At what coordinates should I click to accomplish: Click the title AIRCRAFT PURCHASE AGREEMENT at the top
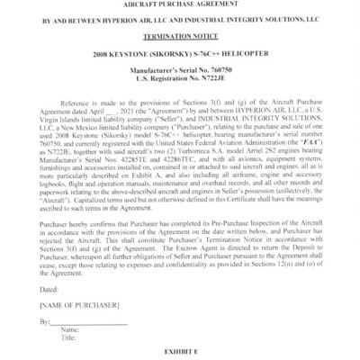point(180,6)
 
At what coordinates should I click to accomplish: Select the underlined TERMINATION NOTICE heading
point(180,40)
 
